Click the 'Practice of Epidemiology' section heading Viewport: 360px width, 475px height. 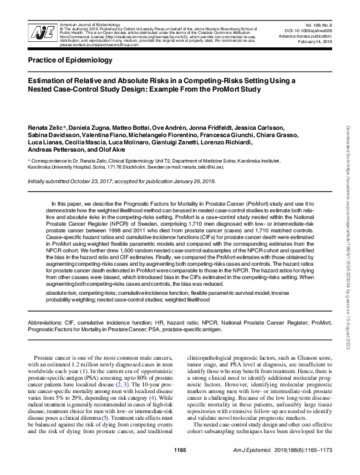(70, 61)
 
